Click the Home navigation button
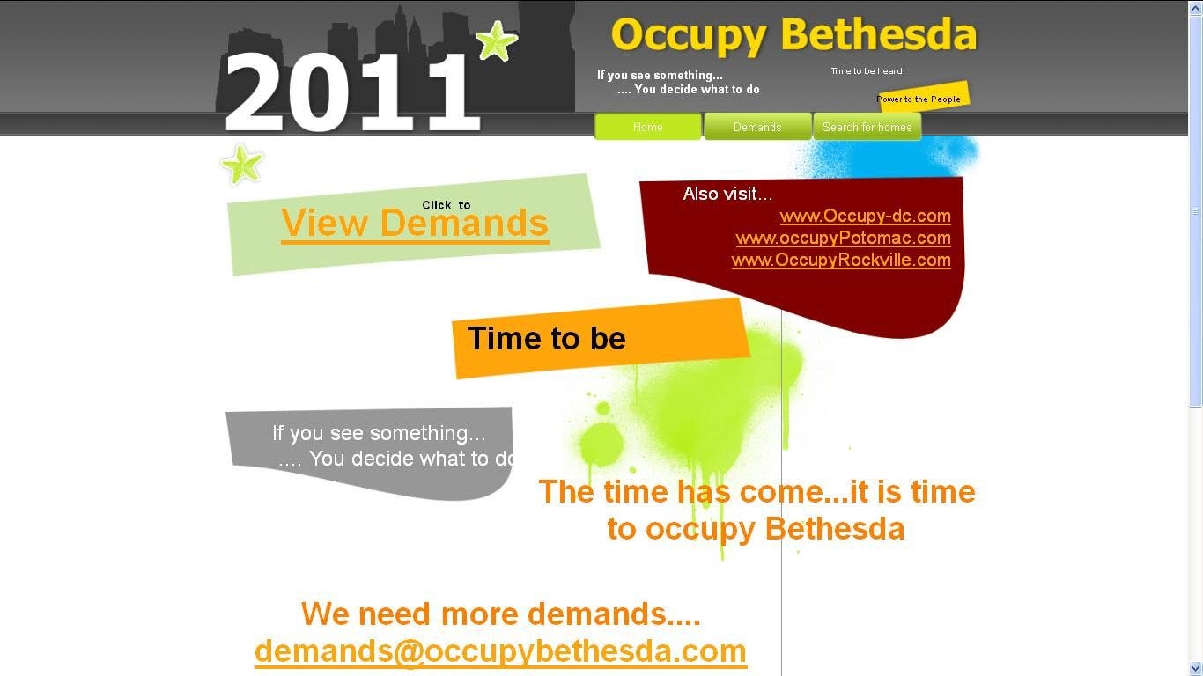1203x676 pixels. pyautogui.click(x=648, y=127)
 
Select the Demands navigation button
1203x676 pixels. pyautogui.click(x=757, y=127)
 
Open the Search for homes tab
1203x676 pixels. pyautogui.click(x=867, y=127)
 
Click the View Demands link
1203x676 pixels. pyautogui.click(x=415, y=224)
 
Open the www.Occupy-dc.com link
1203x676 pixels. pyautogui.click(x=865, y=216)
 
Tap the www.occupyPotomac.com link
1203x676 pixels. pyautogui.click(x=843, y=238)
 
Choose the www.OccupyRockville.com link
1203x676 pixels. pyautogui.click(x=841, y=260)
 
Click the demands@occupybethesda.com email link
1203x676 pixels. pyautogui.click(x=500, y=651)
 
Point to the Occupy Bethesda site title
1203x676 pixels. pyautogui.click(x=793, y=36)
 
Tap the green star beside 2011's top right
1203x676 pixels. pyautogui.click(x=496, y=40)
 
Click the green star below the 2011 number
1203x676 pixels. pyautogui.click(x=242, y=165)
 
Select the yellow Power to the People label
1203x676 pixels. pyautogui.click(x=921, y=98)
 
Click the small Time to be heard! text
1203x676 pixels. pyautogui.click(x=867, y=71)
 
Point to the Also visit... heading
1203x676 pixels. pyautogui.click(x=727, y=194)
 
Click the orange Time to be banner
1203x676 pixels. pyautogui.click(x=599, y=339)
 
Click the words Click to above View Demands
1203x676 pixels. pyautogui.click(x=446, y=205)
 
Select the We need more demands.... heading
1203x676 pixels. pyautogui.click(x=500, y=614)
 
